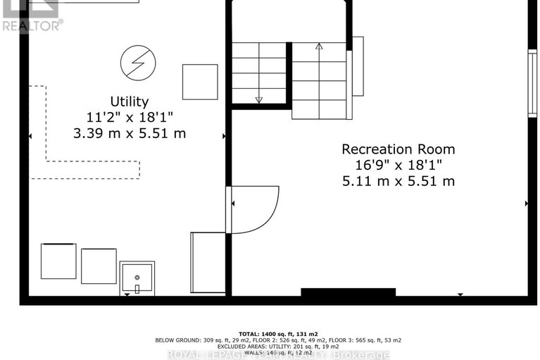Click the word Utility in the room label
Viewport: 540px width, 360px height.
(129, 101)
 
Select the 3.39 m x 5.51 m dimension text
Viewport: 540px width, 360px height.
(129, 133)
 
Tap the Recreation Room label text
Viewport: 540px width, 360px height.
(398, 149)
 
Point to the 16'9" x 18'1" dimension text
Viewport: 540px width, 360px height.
(398, 165)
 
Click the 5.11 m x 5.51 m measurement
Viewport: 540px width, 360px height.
(398, 181)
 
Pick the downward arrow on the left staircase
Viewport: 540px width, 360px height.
(258, 99)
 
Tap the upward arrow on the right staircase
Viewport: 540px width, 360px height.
(318, 47)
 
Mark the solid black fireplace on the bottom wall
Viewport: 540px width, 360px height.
(349, 292)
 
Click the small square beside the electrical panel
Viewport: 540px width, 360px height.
(200, 82)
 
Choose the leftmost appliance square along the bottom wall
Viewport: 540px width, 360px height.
(58, 261)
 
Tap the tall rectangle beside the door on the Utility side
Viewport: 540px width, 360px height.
(207, 262)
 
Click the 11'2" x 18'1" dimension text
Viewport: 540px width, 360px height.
(129, 117)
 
